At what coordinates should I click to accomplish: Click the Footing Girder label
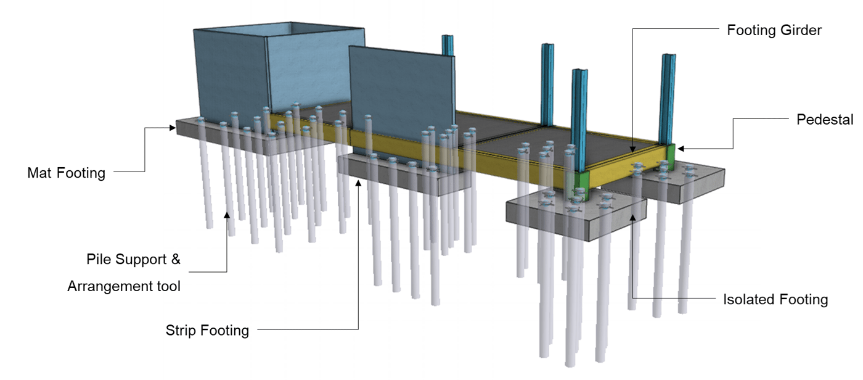774,30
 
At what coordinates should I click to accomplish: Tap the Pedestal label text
825,120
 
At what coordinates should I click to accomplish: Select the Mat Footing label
66,173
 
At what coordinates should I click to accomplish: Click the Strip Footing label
207,331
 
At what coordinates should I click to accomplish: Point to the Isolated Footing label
775,300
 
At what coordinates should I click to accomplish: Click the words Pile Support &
133,259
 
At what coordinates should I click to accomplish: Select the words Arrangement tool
124,286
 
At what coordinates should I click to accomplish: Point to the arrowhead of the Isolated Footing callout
632,216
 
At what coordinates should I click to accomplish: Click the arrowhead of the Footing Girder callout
632,148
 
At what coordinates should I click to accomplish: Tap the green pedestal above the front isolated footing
580,183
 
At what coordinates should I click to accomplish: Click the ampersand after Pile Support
175,259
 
